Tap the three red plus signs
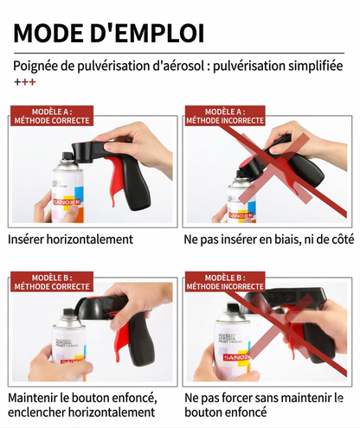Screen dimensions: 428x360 23,82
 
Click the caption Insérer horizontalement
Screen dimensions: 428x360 70,240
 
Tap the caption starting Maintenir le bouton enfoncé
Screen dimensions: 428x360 82,398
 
